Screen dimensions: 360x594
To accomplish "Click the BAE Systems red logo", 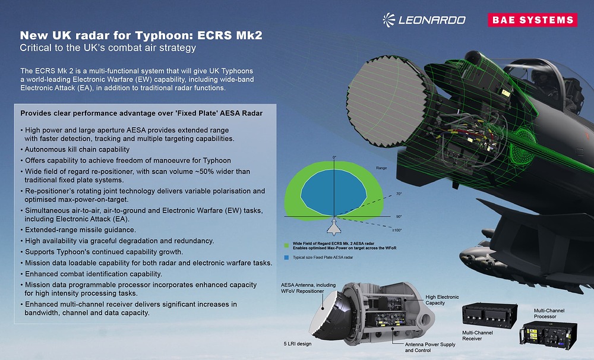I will point(532,20).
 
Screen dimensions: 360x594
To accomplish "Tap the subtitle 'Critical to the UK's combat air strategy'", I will point(108,47).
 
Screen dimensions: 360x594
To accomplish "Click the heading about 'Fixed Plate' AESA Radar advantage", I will point(141,113).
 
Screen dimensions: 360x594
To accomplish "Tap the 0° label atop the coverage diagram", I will point(334,157).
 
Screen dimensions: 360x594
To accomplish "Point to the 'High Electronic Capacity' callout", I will point(442,300).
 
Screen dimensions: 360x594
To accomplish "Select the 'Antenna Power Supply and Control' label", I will point(430,348).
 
